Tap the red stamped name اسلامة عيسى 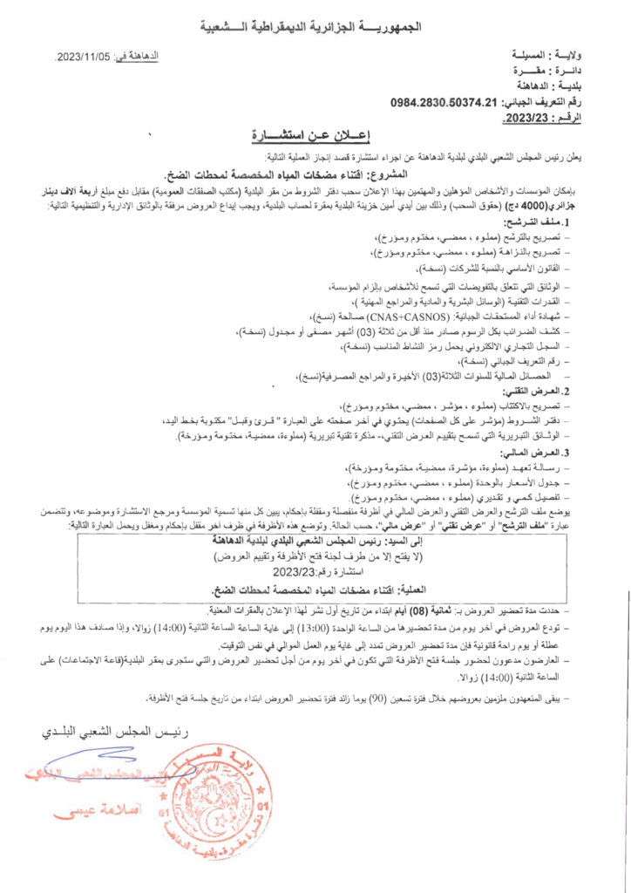pos(88,812)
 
